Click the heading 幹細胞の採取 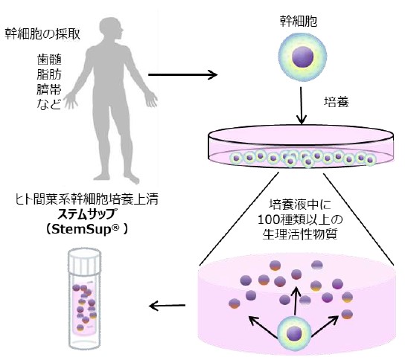pyautogui.click(x=42, y=34)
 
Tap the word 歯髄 pyautogui.click(x=49, y=60)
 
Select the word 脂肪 pyautogui.click(x=49, y=74)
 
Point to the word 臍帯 pyautogui.click(x=49, y=89)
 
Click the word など pyautogui.click(x=49, y=104)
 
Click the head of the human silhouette pyautogui.click(x=112, y=27)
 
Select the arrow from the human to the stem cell pyautogui.click(x=182, y=75)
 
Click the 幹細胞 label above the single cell pyautogui.click(x=299, y=22)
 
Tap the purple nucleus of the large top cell pyautogui.click(x=302, y=57)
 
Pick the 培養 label pyautogui.click(x=337, y=102)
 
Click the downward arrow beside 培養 pyautogui.click(x=302, y=106)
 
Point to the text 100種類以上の pyautogui.click(x=300, y=219)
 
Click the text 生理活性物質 pyautogui.click(x=300, y=234)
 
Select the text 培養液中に pyautogui.click(x=300, y=205)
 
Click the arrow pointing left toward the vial pyautogui.click(x=168, y=306)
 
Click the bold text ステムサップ pyautogui.click(x=86, y=214)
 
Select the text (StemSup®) pyautogui.click(x=86, y=229)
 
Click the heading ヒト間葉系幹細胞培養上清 pyautogui.click(x=86, y=199)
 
